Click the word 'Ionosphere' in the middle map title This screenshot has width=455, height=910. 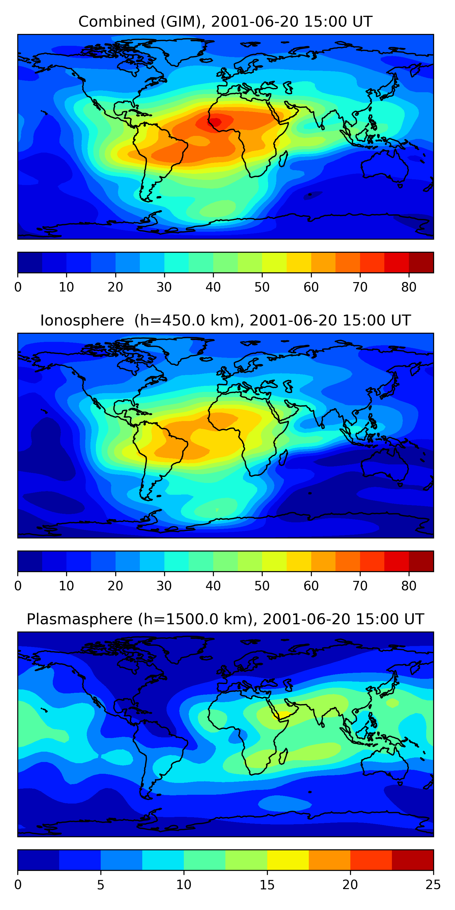[82, 320]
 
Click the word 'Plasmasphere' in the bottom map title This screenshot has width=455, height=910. [79, 619]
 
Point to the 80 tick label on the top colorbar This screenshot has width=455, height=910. [409, 287]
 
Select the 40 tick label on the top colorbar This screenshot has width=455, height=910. [213, 287]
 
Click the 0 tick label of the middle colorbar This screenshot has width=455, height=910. [18, 586]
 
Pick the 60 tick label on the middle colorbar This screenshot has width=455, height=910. [311, 586]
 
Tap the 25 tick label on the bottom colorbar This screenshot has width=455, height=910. [433, 885]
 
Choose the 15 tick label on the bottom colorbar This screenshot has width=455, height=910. [267, 885]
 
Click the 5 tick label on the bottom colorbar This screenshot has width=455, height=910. [101, 885]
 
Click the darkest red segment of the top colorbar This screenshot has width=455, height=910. [421, 262]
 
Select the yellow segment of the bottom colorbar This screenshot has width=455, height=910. [288, 860]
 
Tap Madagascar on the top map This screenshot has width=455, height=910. [283, 159]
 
